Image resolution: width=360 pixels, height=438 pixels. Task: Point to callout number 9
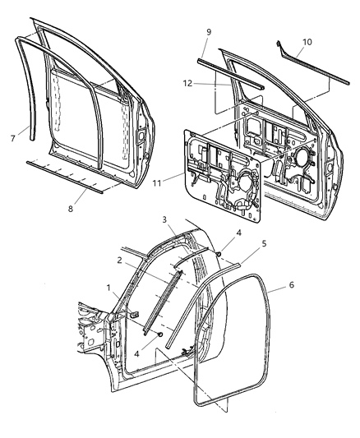[208, 32]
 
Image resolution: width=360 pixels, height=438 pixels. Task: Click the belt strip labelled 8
[66, 175]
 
